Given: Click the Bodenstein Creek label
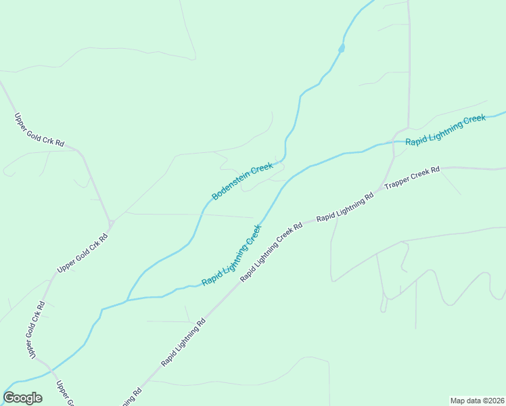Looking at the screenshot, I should tap(242, 181).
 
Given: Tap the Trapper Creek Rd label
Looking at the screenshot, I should tap(412, 177).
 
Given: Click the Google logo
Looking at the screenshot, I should tap(22, 398).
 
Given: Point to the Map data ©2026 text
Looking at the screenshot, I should tap(477, 400).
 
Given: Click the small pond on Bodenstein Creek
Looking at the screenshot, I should tap(342, 48).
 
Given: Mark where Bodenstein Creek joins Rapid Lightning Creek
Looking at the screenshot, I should tap(127, 299).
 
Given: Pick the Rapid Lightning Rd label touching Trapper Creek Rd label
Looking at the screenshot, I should tap(345, 208).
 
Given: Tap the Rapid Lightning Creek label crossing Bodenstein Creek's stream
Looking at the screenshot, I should tap(231, 254).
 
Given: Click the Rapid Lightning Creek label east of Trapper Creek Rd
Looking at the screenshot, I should tap(445, 131).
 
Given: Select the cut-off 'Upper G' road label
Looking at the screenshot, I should tap(64, 393).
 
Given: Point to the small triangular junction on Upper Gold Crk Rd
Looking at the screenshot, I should tap(111, 223).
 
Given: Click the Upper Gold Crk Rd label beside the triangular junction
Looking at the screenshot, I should tap(83, 252).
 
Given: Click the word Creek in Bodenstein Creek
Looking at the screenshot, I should tap(262, 169).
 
